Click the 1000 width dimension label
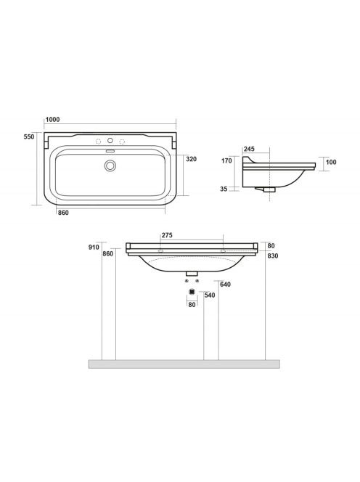pyautogui.click(x=52, y=120)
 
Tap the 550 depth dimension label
pyautogui.click(x=29, y=136)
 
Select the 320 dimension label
pyautogui.click(x=191, y=159)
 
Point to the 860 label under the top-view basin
pyautogui.click(x=63, y=213)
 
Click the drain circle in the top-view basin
pyautogui.click(x=110, y=166)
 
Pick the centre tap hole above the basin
pyautogui.click(x=110, y=141)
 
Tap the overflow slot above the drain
pyautogui.click(x=110, y=151)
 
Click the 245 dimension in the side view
pyautogui.click(x=249, y=149)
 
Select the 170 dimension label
pyautogui.click(x=227, y=160)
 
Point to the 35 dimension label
pyautogui.click(x=224, y=189)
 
